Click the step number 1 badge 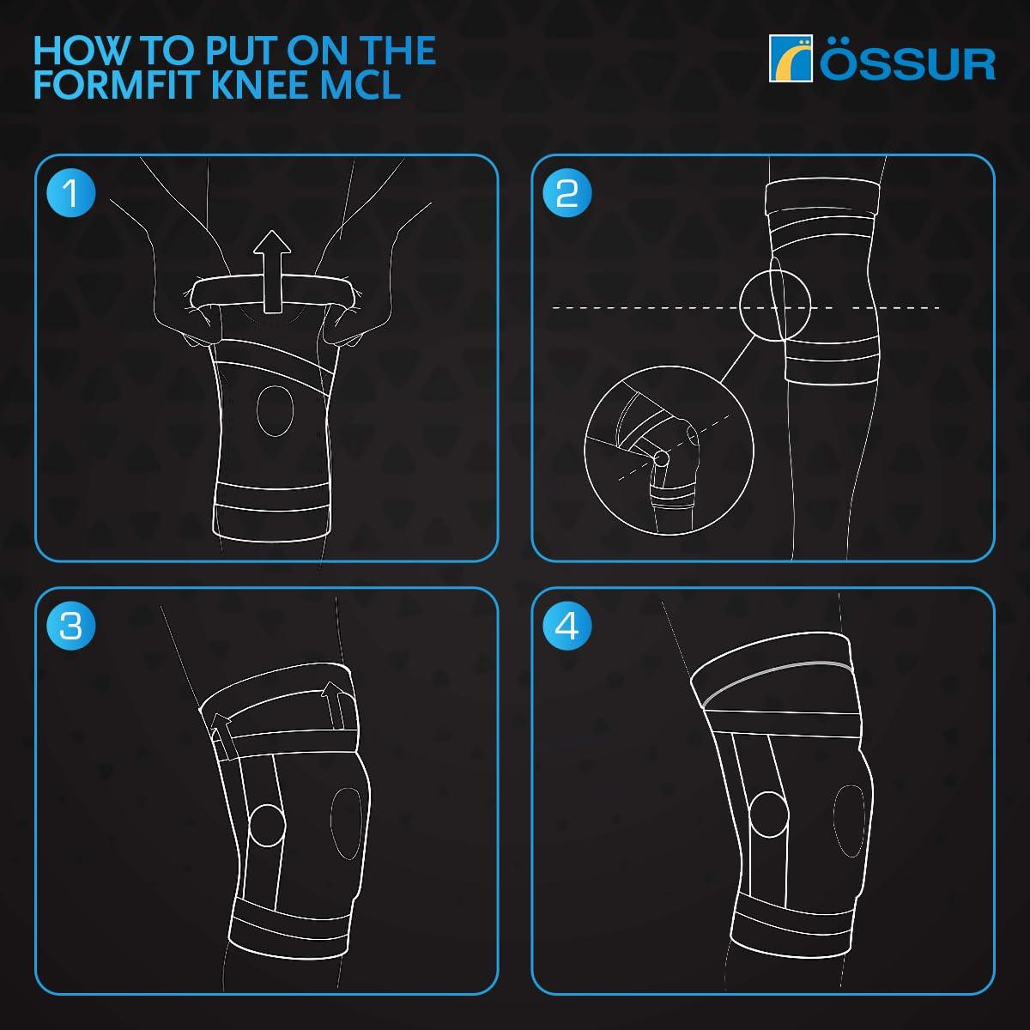(71, 192)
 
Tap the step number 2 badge (567, 192)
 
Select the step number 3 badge (71, 626)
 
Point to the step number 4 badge (567, 626)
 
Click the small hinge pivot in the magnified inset (660, 459)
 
